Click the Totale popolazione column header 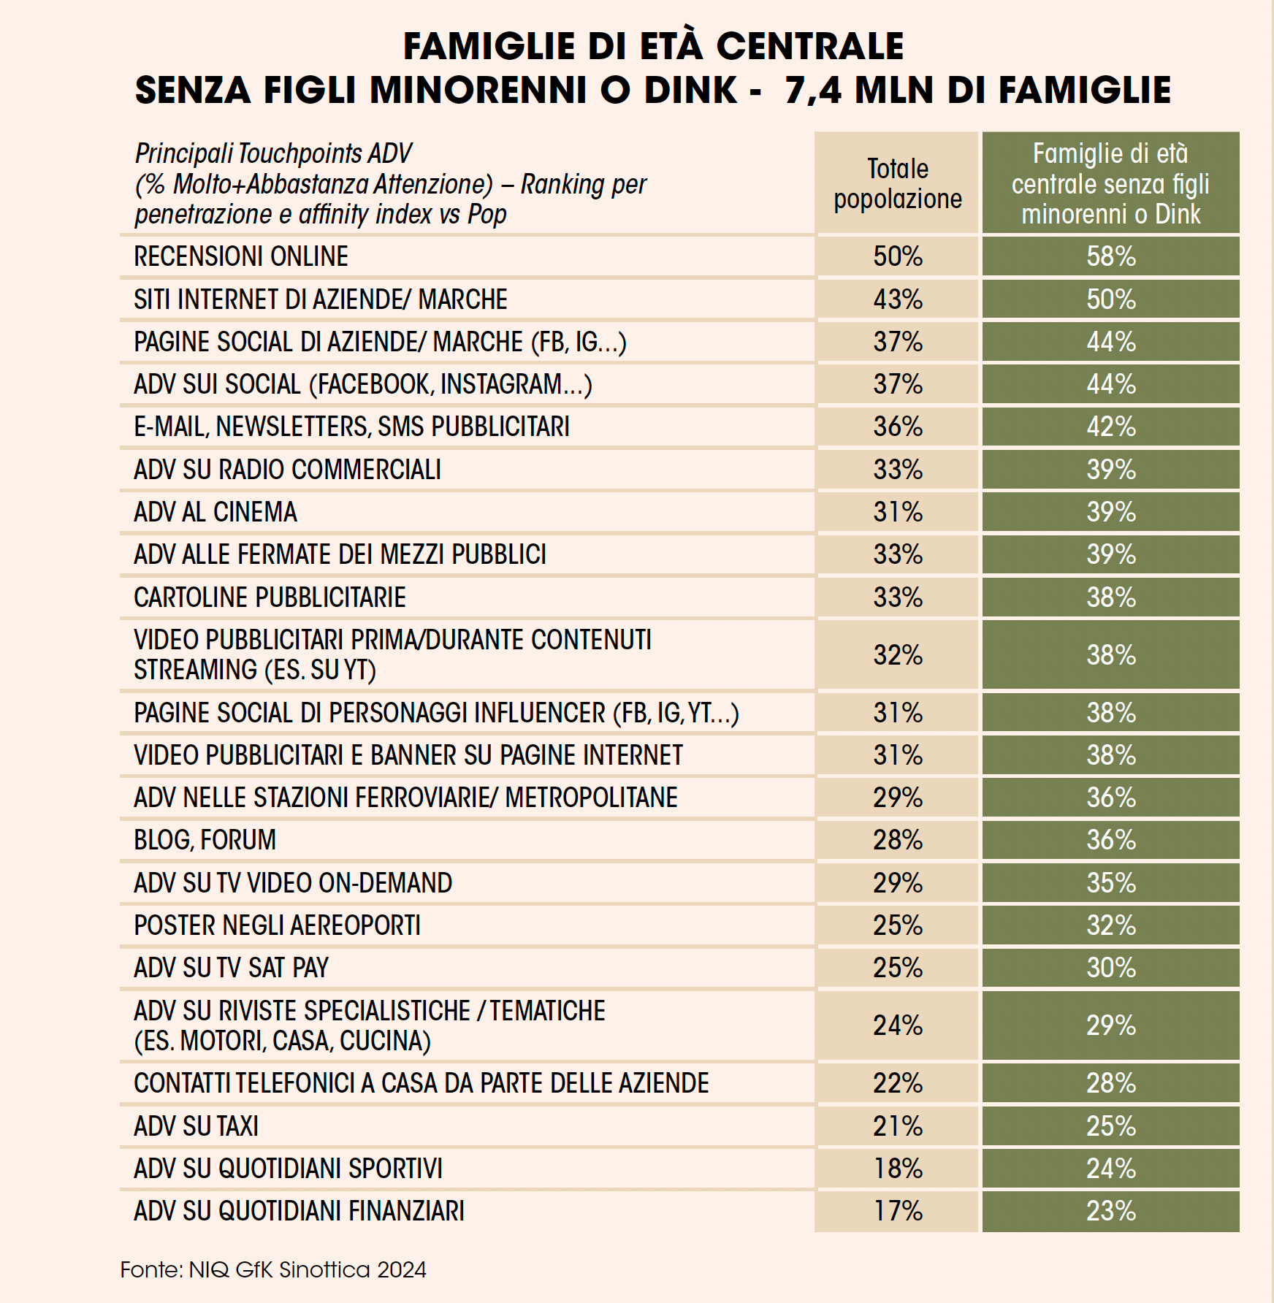pyautogui.click(x=898, y=183)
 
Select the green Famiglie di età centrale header pyautogui.click(x=1110, y=183)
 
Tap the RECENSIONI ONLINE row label pyautogui.click(x=241, y=256)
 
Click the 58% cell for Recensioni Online pyautogui.click(x=1111, y=256)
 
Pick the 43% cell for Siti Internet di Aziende pyautogui.click(x=898, y=299)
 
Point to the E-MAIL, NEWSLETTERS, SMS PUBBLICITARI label pyautogui.click(x=351, y=427)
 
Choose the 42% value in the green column pyautogui.click(x=1111, y=427)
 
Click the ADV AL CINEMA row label pyautogui.click(x=215, y=512)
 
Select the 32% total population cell pyautogui.click(x=898, y=655)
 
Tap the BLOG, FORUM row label pyautogui.click(x=205, y=840)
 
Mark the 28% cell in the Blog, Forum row pyautogui.click(x=898, y=840)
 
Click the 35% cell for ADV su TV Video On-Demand pyautogui.click(x=1111, y=883)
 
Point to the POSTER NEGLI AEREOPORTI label pyautogui.click(x=278, y=925)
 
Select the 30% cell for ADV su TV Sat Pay pyautogui.click(x=1111, y=968)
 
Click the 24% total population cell pyautogui.click(x=898, y=1025)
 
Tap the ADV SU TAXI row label pyautogui.click(x=197, y=1126)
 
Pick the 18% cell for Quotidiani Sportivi pyautogui.click(x=898, y=1169)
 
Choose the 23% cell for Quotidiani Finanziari pyautogui.click(x=1111, y=1211)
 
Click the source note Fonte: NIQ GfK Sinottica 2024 pyautogui.click(x=273, y=1269)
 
